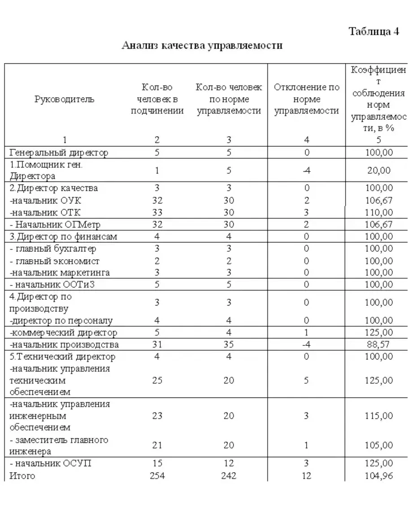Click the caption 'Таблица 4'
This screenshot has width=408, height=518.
[x=374, y=32]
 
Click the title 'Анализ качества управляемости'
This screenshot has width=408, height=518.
[x=202, y=45]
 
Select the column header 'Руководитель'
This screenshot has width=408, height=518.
[x=65, y=99]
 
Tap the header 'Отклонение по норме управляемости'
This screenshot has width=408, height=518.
[x=307, y=99]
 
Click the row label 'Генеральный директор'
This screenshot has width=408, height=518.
[x=59, y=152]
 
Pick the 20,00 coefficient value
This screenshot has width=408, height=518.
[x=378, y=170]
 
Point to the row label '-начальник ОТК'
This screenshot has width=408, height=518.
[x=45, y=212]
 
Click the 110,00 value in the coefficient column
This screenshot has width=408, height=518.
[x=378, y=212]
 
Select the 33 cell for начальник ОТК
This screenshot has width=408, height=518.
[x=157, y=212]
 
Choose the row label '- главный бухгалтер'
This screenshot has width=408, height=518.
[x=53, y=248]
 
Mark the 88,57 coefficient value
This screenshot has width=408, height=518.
[x=378, y=344]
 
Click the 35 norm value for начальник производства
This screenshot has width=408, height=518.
[x=229, y=344]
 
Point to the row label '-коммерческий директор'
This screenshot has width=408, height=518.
[x=63, y=332]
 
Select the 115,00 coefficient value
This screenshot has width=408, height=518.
[x=378, y=416]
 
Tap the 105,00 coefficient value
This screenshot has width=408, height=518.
[x=378, y=445]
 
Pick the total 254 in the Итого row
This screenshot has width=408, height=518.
[x=157, y=475]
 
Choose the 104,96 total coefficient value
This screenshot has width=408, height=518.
[x=378, y=475]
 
